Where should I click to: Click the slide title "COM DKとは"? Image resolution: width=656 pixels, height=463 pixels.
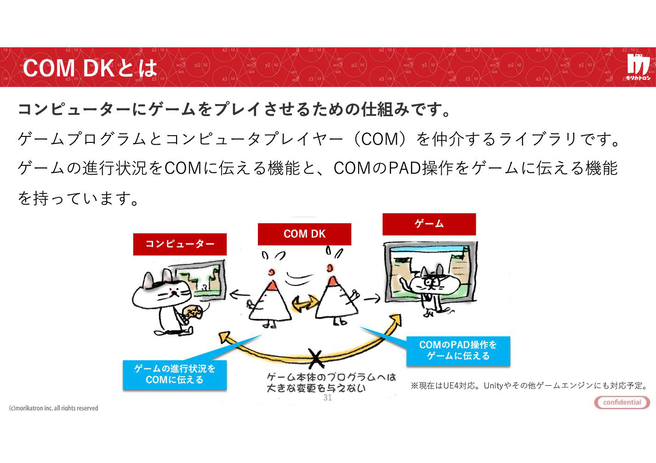[90, 68]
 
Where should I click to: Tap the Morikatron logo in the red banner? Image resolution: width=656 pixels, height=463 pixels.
[638, 67]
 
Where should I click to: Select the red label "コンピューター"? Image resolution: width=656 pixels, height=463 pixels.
[180, 244]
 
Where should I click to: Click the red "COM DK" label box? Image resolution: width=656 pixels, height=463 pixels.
[304, 234]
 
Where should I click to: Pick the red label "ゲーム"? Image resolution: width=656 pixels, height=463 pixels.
[429, 224]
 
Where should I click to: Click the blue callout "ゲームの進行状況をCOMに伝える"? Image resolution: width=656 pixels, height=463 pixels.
[175, 375]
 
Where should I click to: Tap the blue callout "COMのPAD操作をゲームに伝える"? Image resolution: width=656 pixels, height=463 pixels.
[458, 350]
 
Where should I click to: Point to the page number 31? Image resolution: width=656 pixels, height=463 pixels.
[327, 397]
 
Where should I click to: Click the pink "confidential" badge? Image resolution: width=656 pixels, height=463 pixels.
[622, 402]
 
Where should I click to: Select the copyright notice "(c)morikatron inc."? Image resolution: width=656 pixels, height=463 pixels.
[54, 408]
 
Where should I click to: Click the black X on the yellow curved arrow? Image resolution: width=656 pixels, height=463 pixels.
[316, 359]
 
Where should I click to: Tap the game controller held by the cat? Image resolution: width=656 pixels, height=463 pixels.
[193, 312]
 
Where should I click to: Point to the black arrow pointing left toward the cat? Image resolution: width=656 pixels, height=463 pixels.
[240, 294]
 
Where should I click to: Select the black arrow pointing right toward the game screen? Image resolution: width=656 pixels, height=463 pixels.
[372, 299]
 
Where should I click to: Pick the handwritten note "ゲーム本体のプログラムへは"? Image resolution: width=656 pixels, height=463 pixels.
[331, 377]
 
